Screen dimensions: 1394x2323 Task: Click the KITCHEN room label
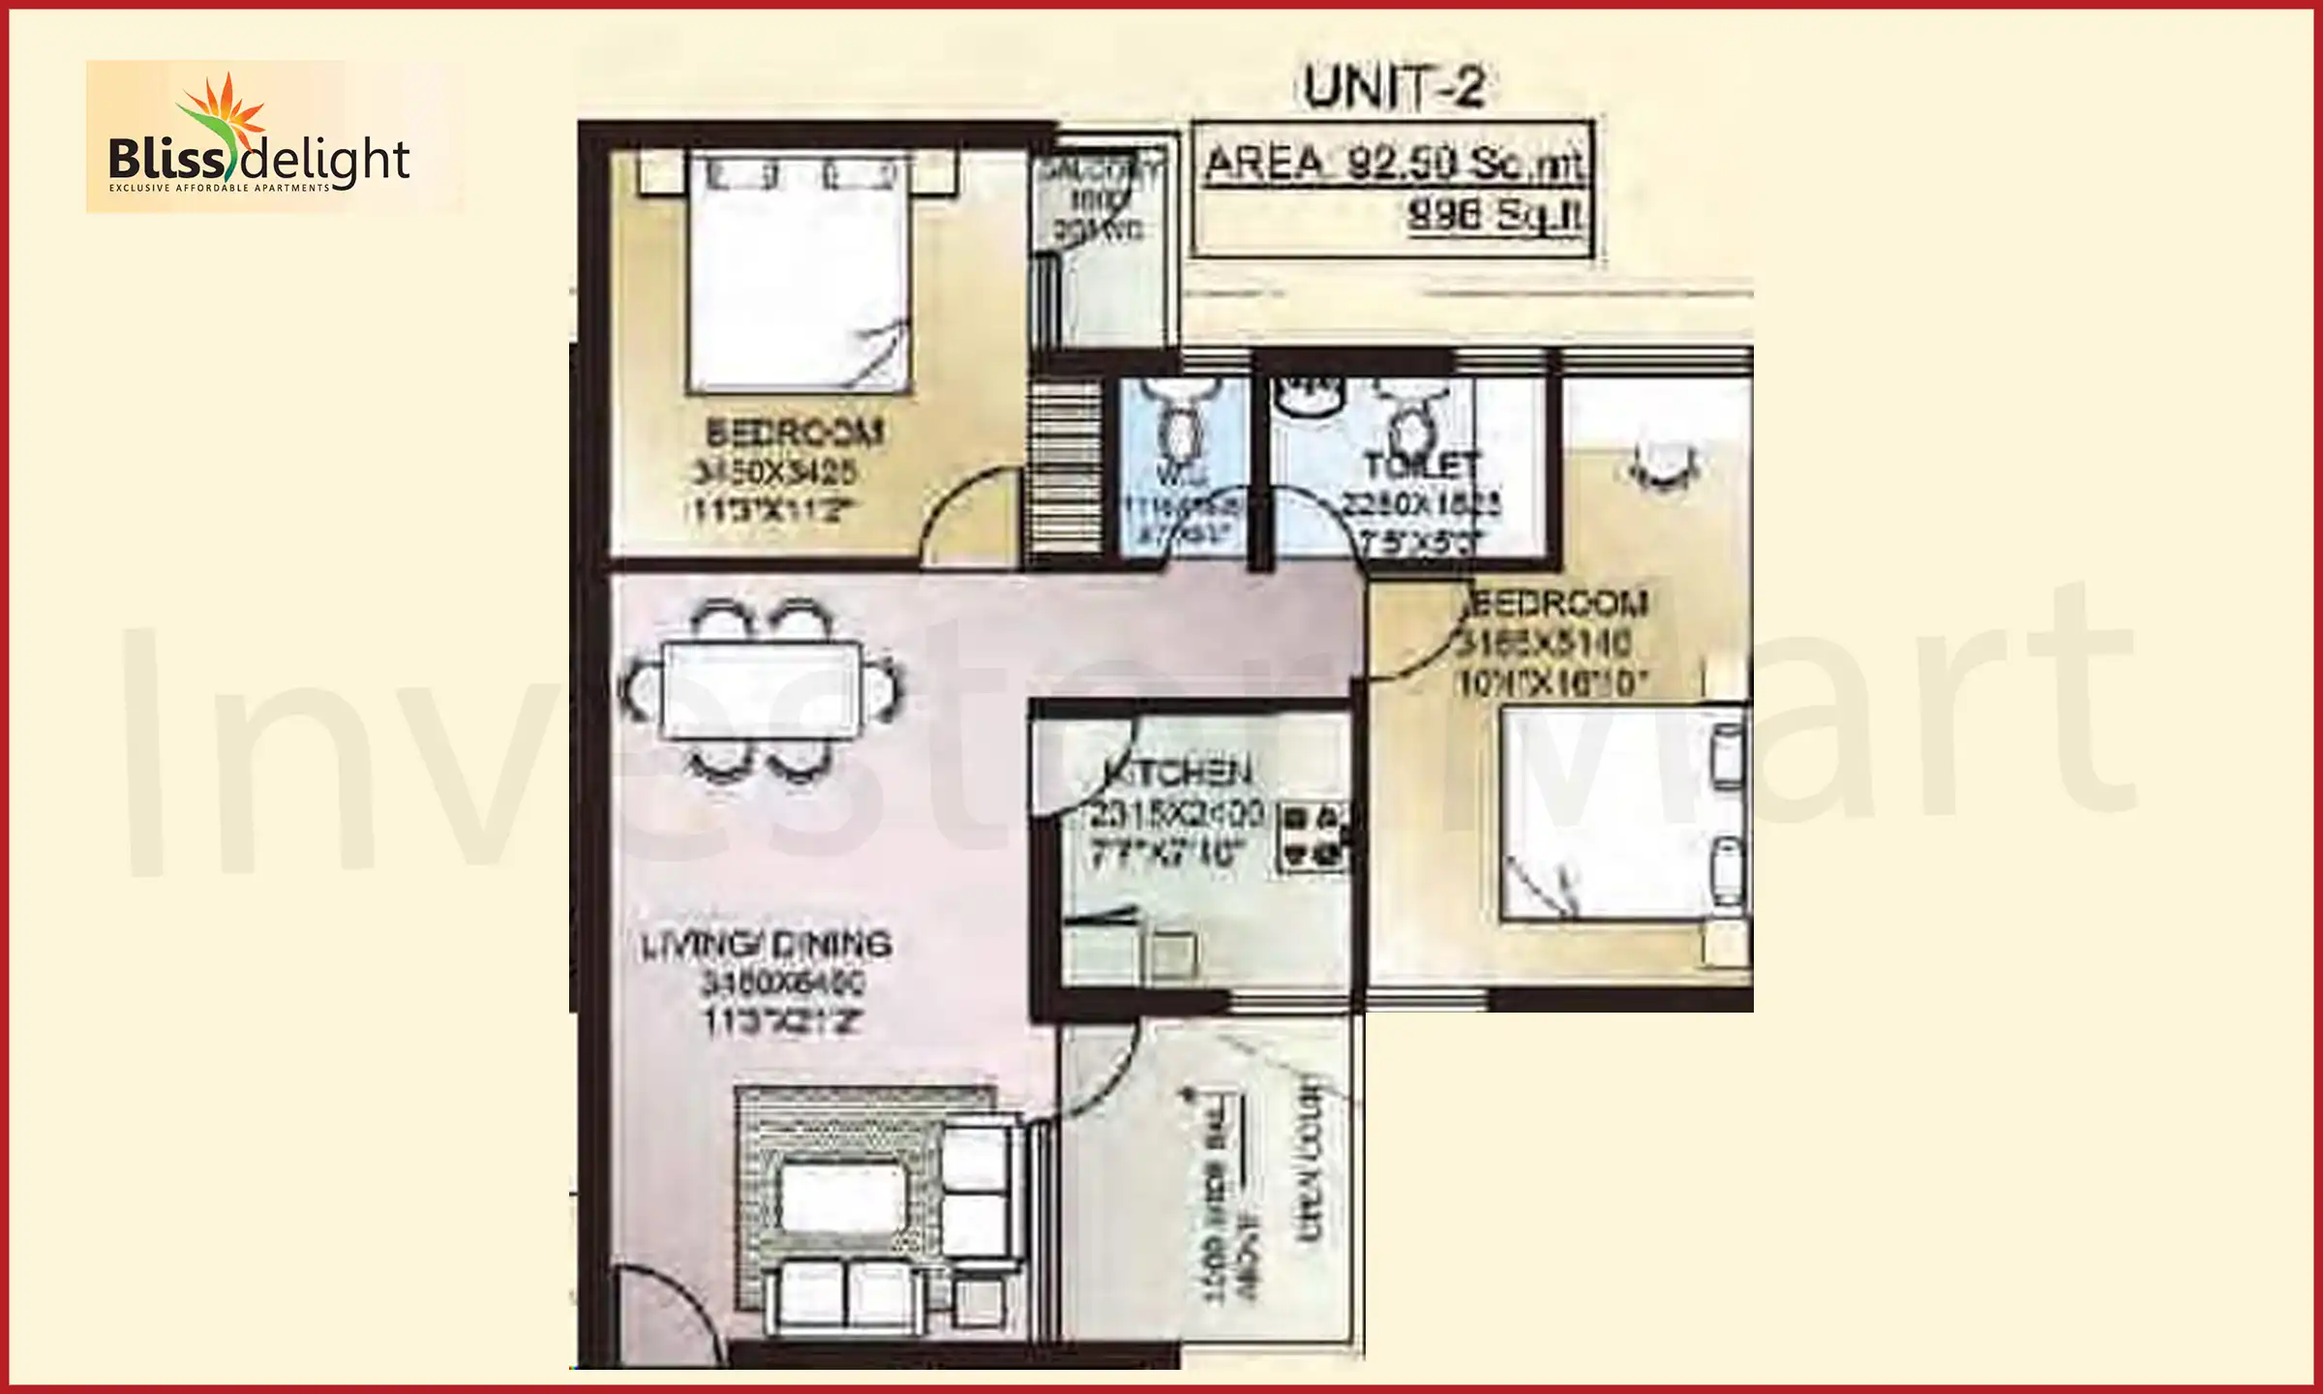[1178, 773]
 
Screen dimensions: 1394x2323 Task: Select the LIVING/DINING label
[766, 945]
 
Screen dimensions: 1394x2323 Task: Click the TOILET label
[1421, 467]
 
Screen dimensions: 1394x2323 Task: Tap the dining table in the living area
[761, 691]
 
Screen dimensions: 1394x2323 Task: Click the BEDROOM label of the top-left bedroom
[795, 432]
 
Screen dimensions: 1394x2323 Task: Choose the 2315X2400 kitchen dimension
[1172, 813]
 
